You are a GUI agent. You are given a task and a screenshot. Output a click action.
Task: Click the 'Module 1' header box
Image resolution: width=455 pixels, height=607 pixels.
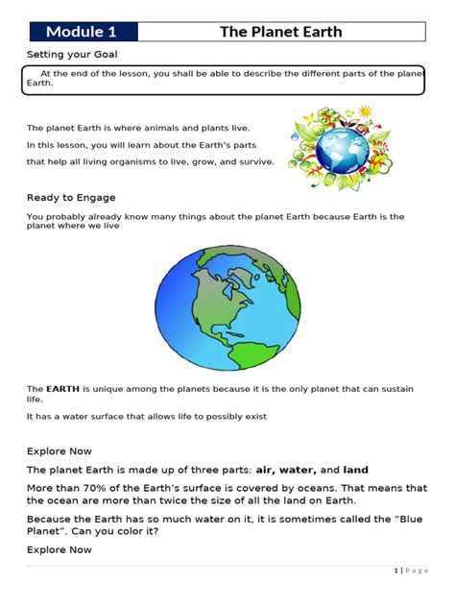click(x=82, y=32)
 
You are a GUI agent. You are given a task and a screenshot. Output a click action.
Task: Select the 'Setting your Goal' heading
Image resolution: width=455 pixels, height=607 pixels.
click(x=72, y=55)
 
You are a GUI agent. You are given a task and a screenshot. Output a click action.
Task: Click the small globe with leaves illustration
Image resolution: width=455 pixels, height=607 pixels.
click(x=329, y=145)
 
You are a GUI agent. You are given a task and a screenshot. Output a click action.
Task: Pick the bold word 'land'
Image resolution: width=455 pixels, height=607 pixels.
click(x=356, y=471)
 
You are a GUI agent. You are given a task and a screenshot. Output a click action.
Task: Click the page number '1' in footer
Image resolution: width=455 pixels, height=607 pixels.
click(x=396, y=571)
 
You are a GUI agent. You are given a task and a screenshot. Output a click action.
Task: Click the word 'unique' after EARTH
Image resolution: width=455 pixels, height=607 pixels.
click(x=108, y=389)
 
